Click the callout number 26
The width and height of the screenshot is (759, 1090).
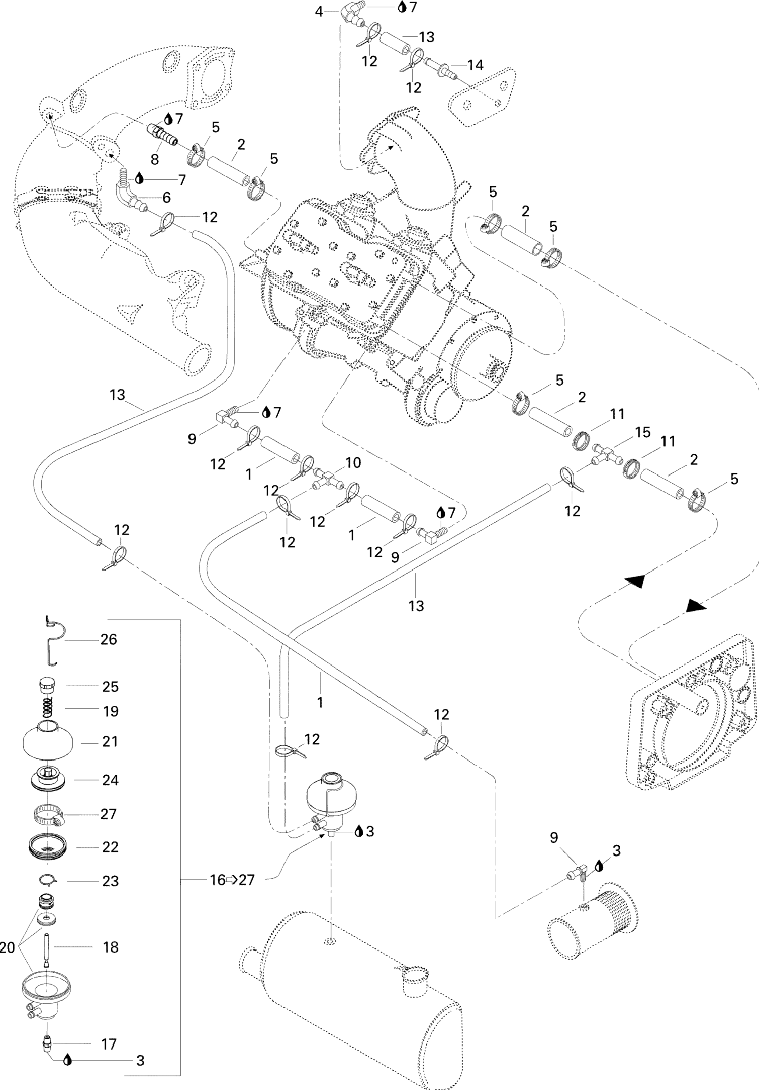[109, 639]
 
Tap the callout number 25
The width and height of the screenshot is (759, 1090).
[110, 687]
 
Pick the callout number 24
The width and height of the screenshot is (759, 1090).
[110, 780]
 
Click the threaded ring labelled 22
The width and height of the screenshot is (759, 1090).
[48, 847]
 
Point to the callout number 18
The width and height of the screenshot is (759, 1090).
[110, 947]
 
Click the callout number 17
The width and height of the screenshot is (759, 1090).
[109, 1044]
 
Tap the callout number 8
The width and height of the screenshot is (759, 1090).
[155, 159]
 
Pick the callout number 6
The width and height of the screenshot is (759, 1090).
[166, 197]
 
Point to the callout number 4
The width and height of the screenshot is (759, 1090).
[319, 11]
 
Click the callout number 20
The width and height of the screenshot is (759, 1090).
[8, 947]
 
